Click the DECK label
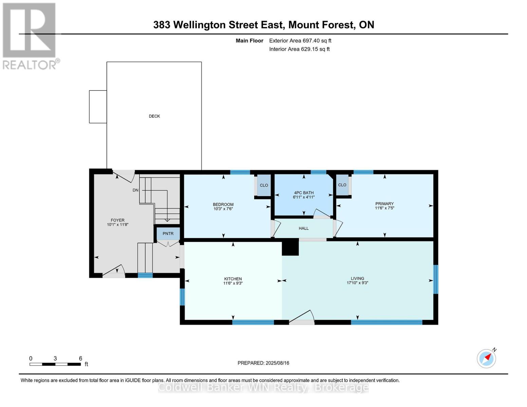pos(154,116)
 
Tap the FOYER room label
pos(117,220)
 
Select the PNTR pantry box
pos(168,233)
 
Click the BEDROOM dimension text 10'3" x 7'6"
pos(223,209)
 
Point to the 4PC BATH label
pos(304,193)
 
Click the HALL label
pos(304,228)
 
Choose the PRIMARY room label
pos(384,203)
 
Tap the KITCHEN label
pos(233,279)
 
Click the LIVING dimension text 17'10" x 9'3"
pos(357,283)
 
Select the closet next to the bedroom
pos(264,185)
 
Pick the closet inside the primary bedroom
pos(342,185)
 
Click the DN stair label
pos(135,190)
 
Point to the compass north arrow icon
pos(487,358)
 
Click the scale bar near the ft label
pos(55,364)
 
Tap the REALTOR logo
pos(30,36)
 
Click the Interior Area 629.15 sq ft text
pos(299,49)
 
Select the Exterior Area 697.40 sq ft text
pos(300,41)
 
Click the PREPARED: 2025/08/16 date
pos(263,363)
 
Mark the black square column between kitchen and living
pos(290,247)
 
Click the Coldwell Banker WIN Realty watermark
pos(263,387)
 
